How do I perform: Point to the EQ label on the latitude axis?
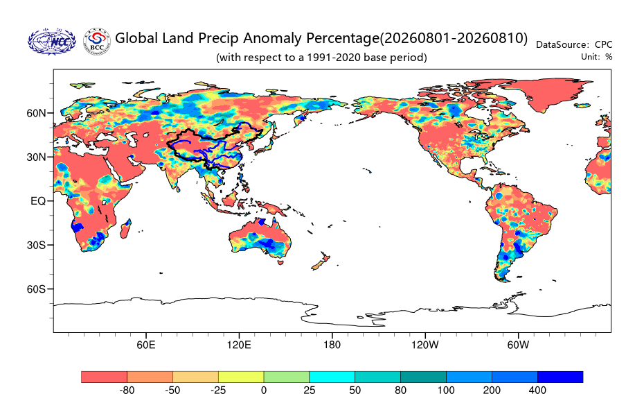(x=38, y=201)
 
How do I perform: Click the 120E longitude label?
(x=239, y=345)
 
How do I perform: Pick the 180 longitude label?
(x=332, y=345)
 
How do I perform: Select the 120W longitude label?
(x=425, y=345)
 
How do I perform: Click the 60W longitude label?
(x=518, y=345)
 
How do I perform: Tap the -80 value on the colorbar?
(x=127, y=390)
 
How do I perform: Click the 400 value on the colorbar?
(x=537, y=390)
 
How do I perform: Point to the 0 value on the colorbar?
(x=264, y=390)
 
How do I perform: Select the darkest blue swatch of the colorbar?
(x=560, y=377)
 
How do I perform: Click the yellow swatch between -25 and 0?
(x=241, y=377)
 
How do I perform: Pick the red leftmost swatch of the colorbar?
(x=105, y=377)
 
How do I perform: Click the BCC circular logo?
(x=97, y=41)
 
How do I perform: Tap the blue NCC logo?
(x=52, y=41)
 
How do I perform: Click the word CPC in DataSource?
(x=603, y=44)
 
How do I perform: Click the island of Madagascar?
(x=125, y=229)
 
